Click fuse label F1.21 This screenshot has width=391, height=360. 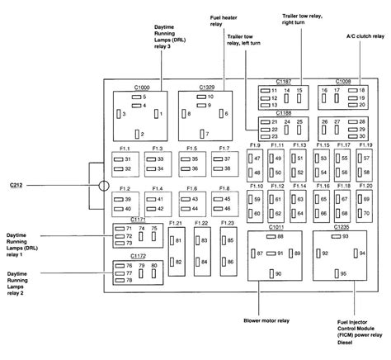tap(175, 223)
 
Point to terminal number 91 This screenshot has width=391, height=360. tap(280, 253)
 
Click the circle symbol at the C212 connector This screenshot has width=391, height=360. tap(103, 186)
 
